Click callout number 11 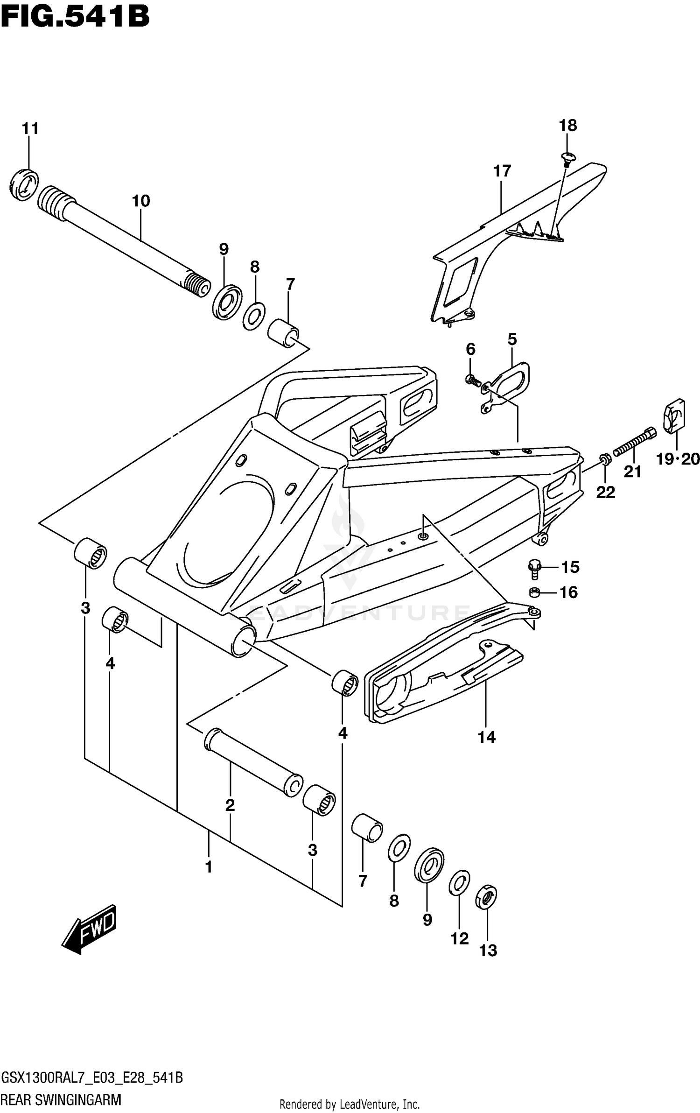coord(30,128)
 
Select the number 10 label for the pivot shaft coord(140,201)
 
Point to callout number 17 coord(502,171)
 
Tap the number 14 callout coord(486,738)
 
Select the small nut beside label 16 coord(535,592)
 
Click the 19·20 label coord(677,460)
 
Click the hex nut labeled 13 coord(486,897)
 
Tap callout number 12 coord(459,938)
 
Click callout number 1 coord(209,867)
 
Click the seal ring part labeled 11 coord(23,186)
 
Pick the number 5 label coord(512,339)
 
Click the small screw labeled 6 coord(472,381)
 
